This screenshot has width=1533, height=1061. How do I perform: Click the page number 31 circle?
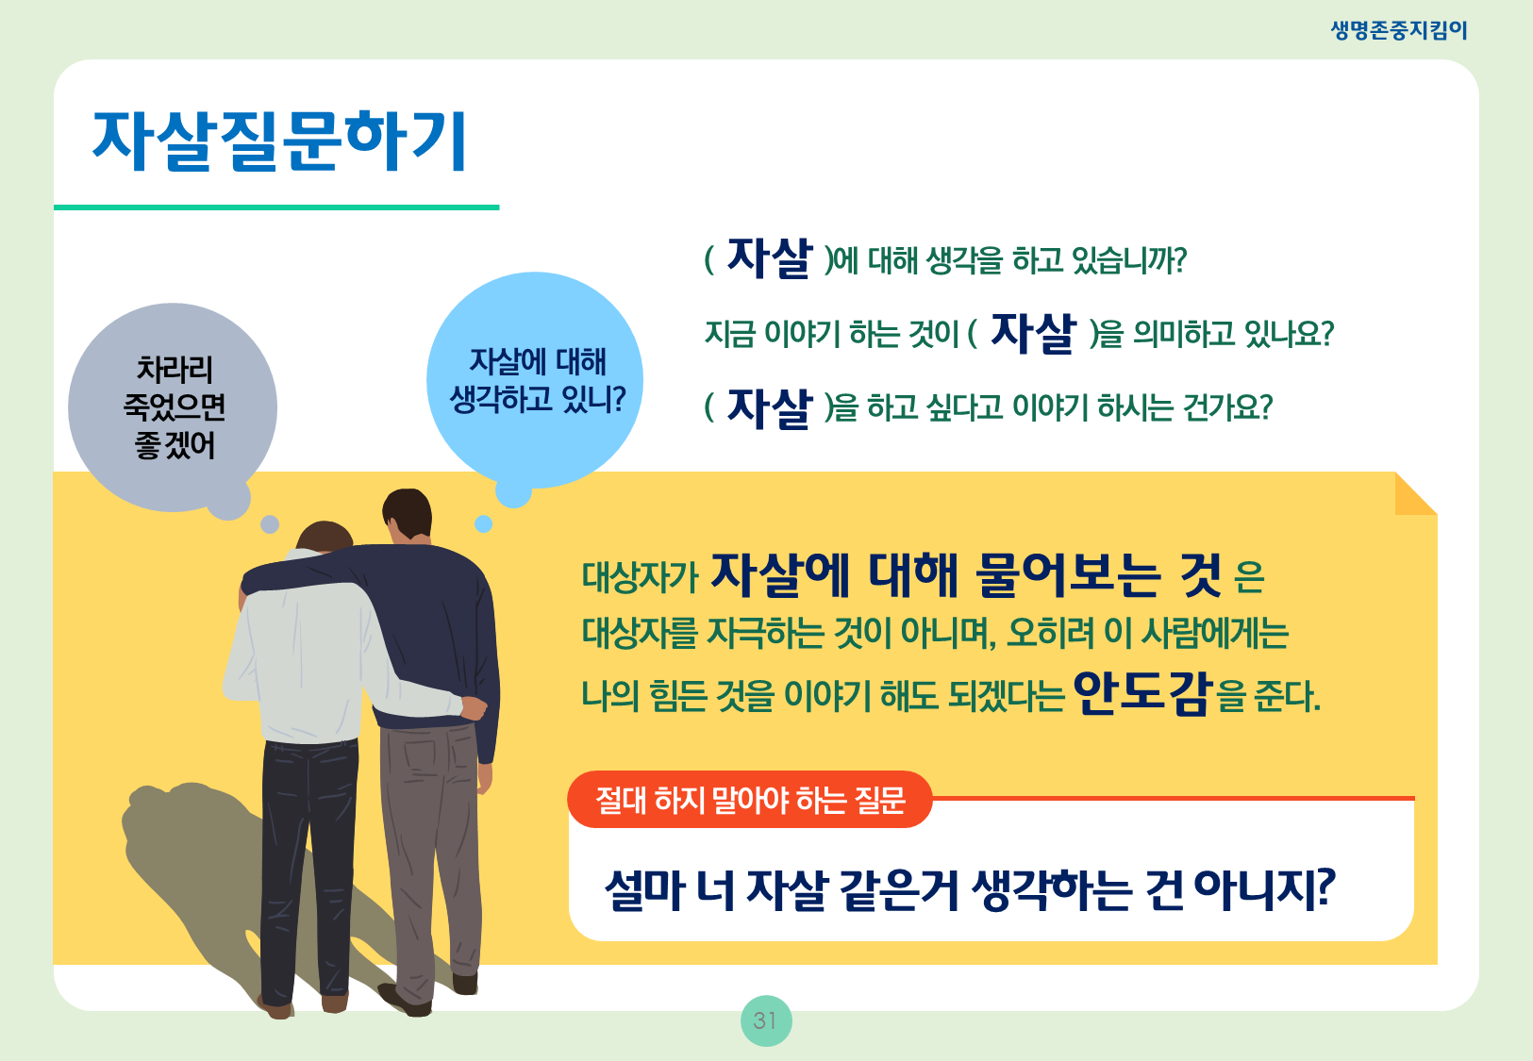766,1020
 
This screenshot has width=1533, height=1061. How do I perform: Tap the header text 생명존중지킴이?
1398,30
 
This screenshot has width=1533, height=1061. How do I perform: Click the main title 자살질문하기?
279,141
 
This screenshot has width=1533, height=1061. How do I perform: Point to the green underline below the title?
276,207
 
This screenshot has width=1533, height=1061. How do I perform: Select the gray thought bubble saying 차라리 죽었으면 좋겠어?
173,407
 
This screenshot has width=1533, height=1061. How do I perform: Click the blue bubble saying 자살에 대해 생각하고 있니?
535,380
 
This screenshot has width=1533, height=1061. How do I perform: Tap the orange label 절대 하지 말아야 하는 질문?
750,799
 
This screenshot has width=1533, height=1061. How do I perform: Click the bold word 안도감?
1142,692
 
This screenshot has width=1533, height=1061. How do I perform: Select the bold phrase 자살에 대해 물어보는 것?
966,574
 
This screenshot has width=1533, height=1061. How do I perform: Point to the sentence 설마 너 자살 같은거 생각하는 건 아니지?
970,889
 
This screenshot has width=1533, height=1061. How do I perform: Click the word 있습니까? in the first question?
1129,260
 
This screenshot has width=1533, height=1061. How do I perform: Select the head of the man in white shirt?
325,537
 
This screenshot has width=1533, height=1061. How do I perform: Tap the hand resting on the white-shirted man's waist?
474,708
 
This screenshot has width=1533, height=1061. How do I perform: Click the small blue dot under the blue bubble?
484,524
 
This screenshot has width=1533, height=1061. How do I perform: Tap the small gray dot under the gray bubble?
270,524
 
